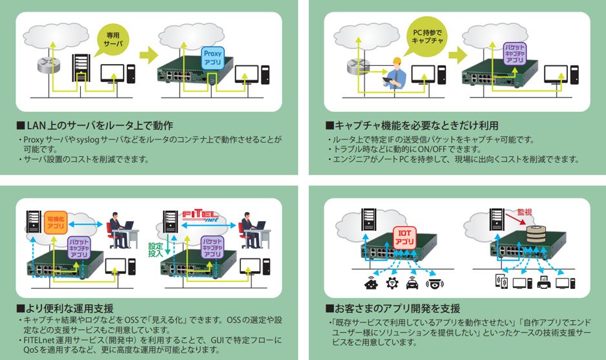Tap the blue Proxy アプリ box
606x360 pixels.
coord(213,58)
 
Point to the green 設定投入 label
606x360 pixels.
coord(156,251)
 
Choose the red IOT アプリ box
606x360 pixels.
coord(405,237)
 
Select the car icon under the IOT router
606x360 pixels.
coord(412,283)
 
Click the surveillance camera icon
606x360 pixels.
coord(435,283)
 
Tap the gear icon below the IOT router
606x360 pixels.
coord(391,283)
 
